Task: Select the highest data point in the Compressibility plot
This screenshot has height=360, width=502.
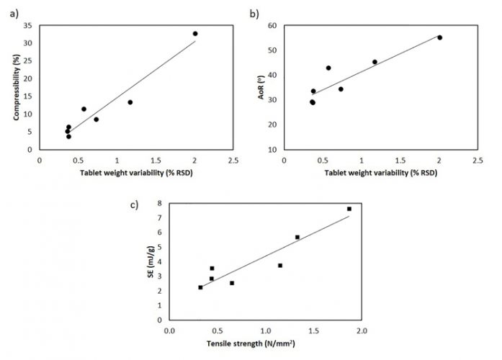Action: tap(194, 34)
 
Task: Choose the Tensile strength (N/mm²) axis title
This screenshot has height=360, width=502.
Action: tap(264, 344)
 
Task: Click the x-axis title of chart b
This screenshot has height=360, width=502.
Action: tap(380, 174)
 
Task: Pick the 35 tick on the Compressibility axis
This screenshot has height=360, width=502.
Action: tap(30, 25)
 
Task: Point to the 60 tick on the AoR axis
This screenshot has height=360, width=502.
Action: tap(274, 25)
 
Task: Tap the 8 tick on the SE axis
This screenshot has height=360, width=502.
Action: tap(160, 204)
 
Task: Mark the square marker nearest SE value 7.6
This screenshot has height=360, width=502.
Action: tap(349, 209)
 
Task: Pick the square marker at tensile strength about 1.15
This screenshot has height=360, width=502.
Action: tap(280, 266)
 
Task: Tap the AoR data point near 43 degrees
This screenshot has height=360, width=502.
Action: tap(328, 68)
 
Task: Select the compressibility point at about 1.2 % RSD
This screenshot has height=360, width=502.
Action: tap(130, 102)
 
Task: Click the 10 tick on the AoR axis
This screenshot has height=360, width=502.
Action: tap(274, 149)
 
